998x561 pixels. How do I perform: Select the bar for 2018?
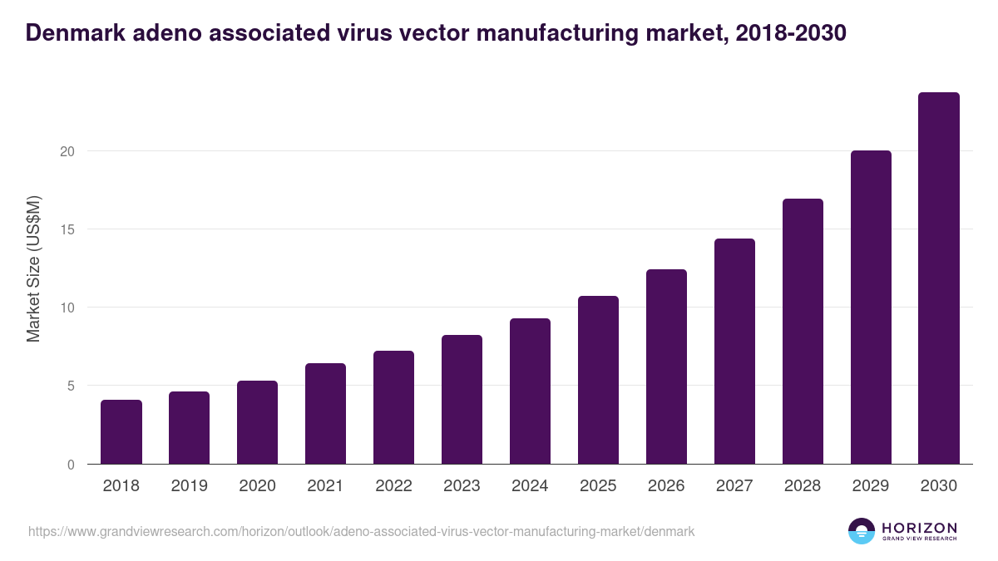pyautogui.click(x=121, y=432)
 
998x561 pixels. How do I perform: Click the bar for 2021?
pyautogui.click(x=326, y=414)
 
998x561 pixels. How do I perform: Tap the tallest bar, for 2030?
pyautogui.click(x=939, y=278)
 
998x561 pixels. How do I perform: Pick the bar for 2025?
pyautogui.click(x=599, y=380)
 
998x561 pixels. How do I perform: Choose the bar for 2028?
pyautogui.click(x=803, y=332)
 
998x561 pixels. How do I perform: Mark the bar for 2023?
pyautogui.click(x=462, y=400)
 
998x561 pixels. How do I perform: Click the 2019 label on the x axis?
pyautogui.click(x=190, y=486)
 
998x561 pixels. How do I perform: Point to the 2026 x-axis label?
pyautogui.click(x=666, y=486)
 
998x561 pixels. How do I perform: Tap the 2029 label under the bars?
pyautogui.click(x=871, y=486)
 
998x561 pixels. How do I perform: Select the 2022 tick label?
pyautogui.click(x=394, y=486)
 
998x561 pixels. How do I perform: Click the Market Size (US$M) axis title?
pyautogui.click(x=33, y=268)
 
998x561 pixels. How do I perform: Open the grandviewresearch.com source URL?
pyautogui.click(x=361, y=531)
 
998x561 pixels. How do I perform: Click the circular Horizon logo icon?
pyautogui.click(x=862, y=531)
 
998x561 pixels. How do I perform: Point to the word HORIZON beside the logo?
pyautogui.click(x=919, y=527)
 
